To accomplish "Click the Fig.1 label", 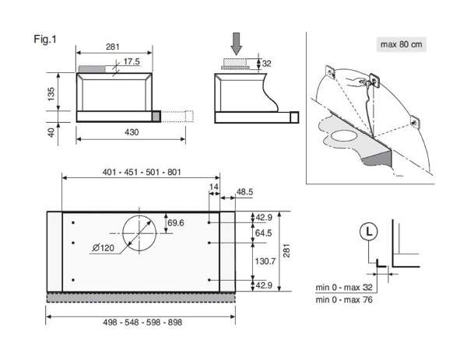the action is [x=45, y=39].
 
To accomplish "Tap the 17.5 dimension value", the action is [x=132, y=61].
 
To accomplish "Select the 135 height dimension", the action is [x=51, y=94].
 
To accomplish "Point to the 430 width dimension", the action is [x=132, y=132].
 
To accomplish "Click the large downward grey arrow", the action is [x=237, y=44].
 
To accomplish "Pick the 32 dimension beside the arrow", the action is [x=266, y=64].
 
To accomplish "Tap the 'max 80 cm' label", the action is [x=401, y=44].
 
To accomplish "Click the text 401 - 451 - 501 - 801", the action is [x=142, y=172].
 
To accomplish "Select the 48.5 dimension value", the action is [x=244, y=192].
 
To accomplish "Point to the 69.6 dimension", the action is [x=176, y=223].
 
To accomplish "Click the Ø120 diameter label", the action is [x=103, y=247].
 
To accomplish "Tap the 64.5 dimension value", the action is [x=264, y=233].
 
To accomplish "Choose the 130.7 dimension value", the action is [x=265, y=261].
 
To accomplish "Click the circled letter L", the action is [x=369, y=232].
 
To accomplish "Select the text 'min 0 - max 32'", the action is [x=344, y=288].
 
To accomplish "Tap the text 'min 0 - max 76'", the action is [x=344, y=299].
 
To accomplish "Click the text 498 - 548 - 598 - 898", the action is [x=142, y=322].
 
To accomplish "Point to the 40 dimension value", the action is [x=51, y=132].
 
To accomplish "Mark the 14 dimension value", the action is [x=214, y=187].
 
